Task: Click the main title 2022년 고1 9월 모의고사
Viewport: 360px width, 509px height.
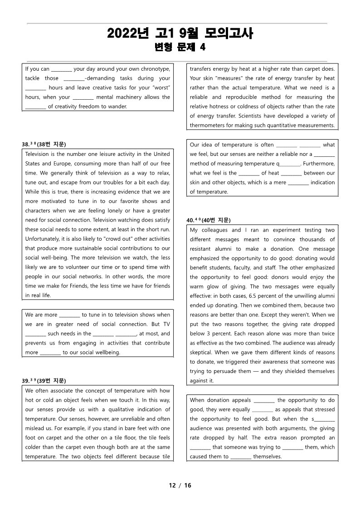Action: tap(180, 33)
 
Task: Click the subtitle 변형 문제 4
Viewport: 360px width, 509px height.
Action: tap(180, 47)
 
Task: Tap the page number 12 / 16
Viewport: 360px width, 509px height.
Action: tap(180, 485)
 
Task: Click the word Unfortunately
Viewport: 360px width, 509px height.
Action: tap(44, 239)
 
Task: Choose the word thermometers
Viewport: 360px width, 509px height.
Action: tap(208, 126)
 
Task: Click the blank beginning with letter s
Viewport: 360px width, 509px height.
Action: tap(323, 419)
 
